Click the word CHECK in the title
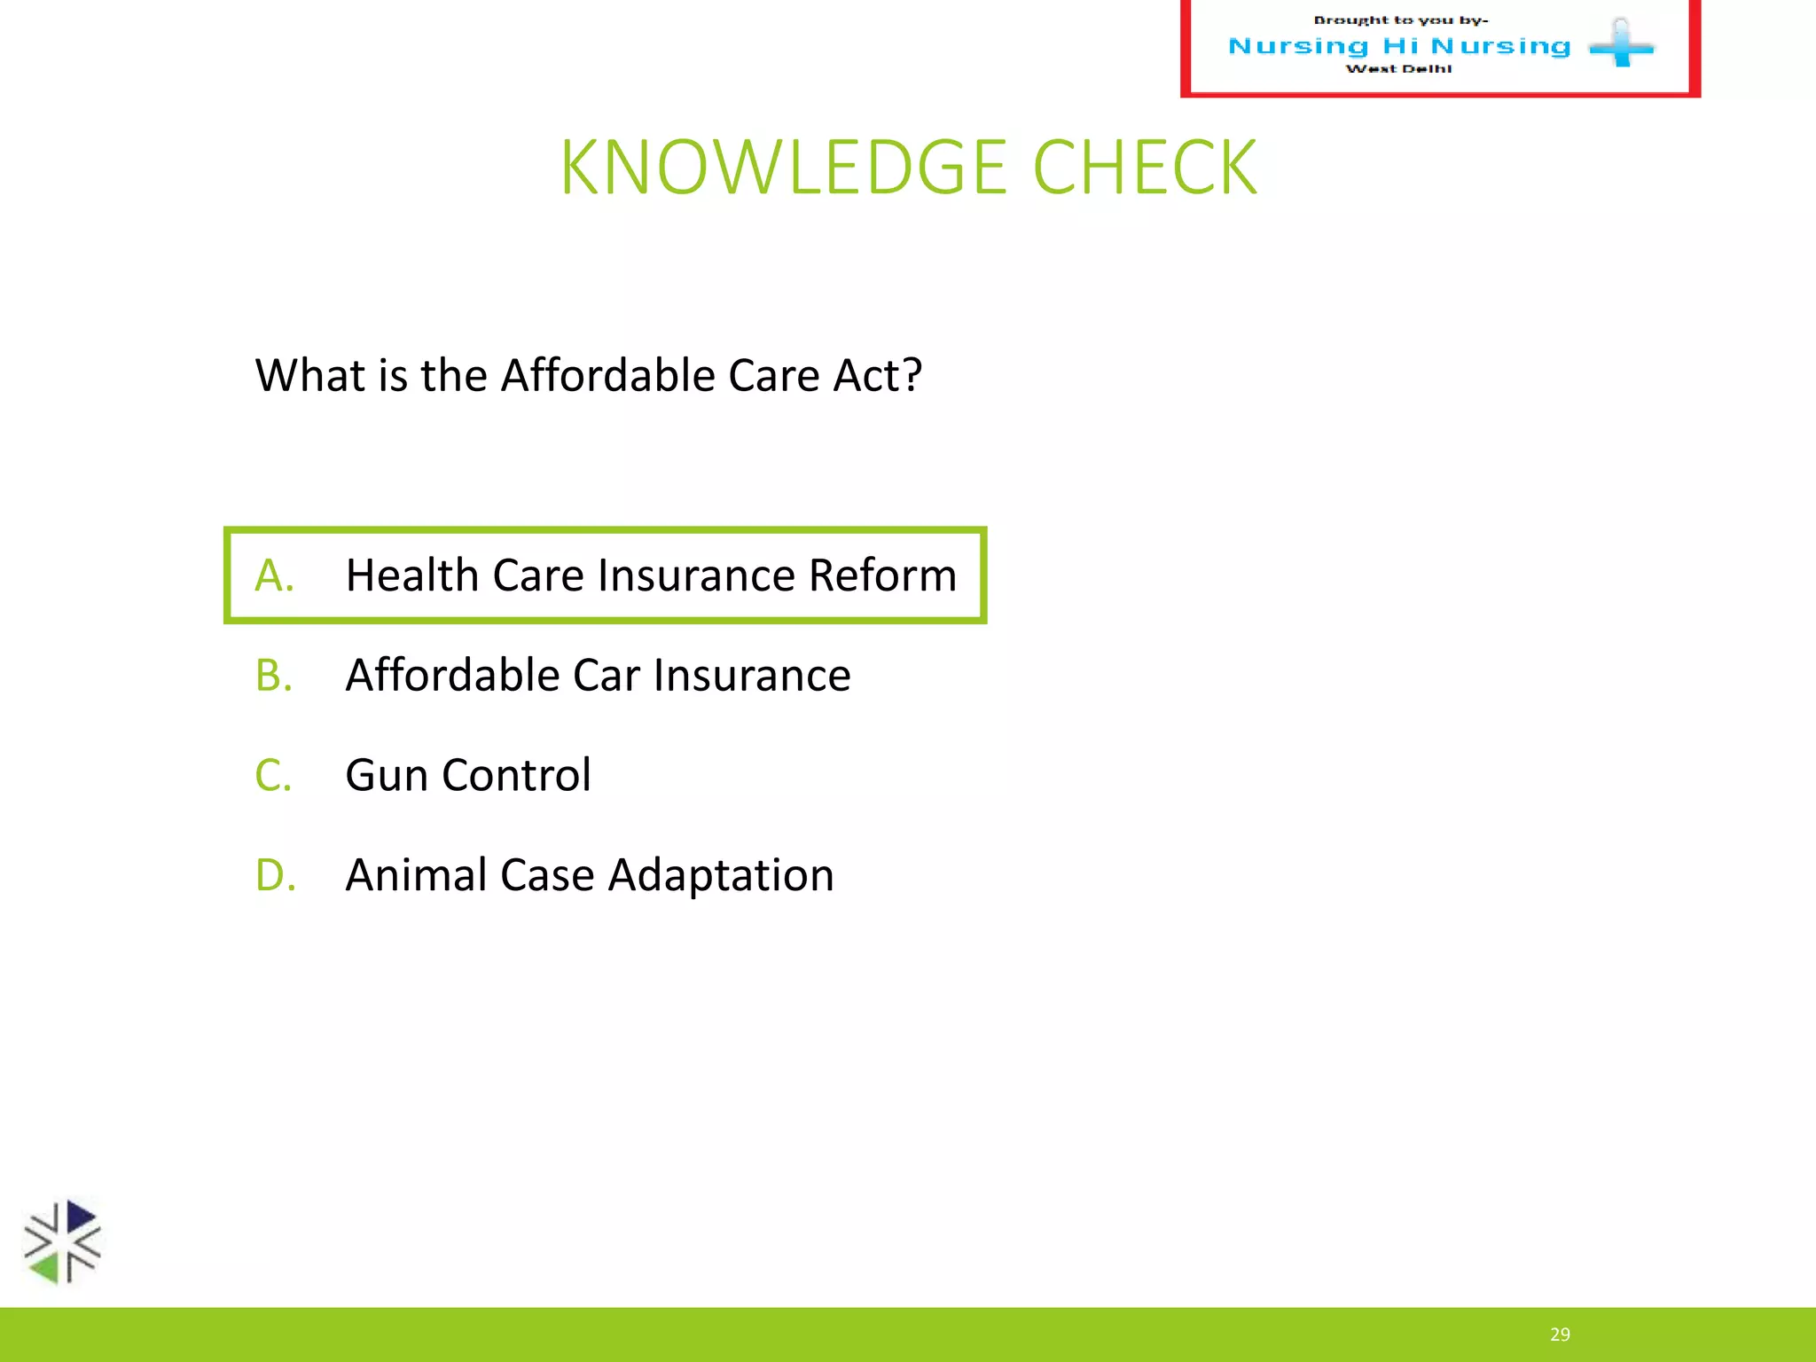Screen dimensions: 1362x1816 click(1145, 168)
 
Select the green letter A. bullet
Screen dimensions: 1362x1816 click(274, 575)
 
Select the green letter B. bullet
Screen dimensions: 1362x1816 click(274, 676)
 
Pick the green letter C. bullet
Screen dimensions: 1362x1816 click(273, 776)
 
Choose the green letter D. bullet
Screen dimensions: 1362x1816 click(275, 875)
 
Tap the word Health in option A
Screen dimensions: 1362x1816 click(412, 575)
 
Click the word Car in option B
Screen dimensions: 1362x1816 click(606, 676)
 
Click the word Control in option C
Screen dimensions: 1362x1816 click(516, 775)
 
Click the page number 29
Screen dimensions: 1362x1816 click(1560, 1335)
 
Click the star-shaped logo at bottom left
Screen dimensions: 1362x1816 click(62, 1241)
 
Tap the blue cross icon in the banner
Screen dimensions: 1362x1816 click(1621, 44)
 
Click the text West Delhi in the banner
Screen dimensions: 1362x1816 click(1398, 69)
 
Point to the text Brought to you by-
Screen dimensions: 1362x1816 click(1400, 20)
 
